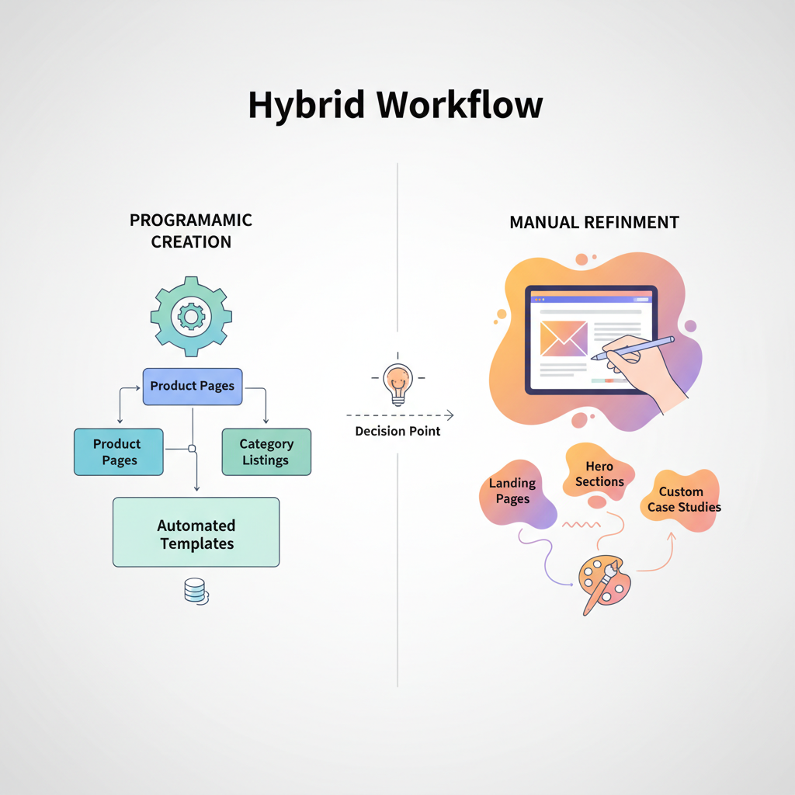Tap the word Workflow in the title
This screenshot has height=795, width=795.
coord(459,105)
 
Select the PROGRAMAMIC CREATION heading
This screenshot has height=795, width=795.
coord(191,231)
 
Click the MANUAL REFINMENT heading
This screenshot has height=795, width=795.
coord(594,223)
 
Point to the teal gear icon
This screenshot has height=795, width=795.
coord(190,315)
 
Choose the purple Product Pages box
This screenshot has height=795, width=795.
coord(193,386)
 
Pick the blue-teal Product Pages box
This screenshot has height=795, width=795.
coord(118,452)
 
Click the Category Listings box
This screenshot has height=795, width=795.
coord(266,452)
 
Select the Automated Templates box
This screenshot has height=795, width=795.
coord(196,533)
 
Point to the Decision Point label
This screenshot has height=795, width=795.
coord(397,431)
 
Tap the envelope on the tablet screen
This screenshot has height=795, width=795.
coord(564,339)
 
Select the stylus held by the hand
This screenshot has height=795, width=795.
coord(633,347)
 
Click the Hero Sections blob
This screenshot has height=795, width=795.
coord(599,474)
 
